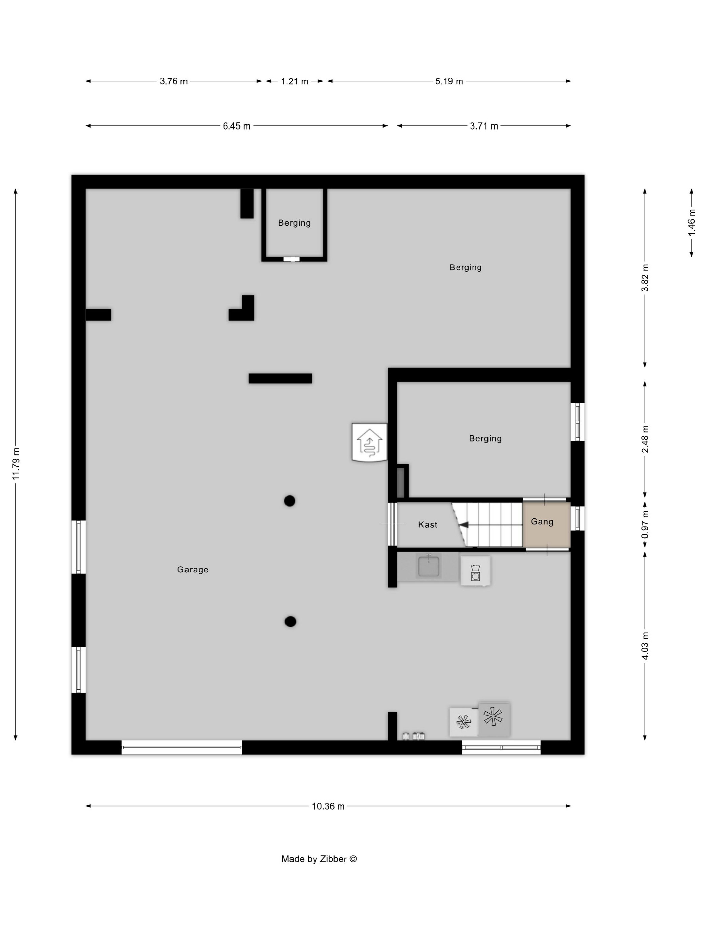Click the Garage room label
click(193, 570)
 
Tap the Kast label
click(428, 524)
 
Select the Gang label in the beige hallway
click(542, 522)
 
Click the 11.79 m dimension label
click(16, 464)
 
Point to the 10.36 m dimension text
click(328, 806)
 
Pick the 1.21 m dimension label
click(295, 81)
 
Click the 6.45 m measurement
click(237, 126)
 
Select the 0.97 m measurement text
click(645, 524)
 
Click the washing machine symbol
click(475, 571)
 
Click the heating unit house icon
click(369, 442)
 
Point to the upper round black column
click(290, 501)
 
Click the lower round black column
click(290, 622)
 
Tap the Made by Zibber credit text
click(319, 859)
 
